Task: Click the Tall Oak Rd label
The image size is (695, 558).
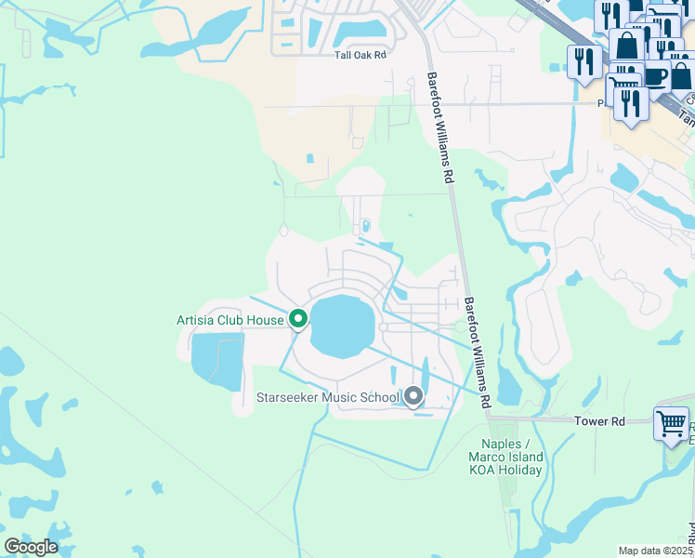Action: pos(360,55)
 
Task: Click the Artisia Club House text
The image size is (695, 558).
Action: pos(229,320)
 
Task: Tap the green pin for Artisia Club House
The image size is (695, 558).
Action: pos(298,319)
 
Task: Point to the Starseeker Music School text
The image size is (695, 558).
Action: pos(327,397)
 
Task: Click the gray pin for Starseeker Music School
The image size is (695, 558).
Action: pos(413,397)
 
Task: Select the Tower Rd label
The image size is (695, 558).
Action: pos(599,421)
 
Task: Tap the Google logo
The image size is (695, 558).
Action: pos(31,546)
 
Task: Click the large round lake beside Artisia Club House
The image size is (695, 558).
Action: pos(340,326)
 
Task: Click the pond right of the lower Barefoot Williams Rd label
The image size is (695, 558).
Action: pos(508,384)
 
